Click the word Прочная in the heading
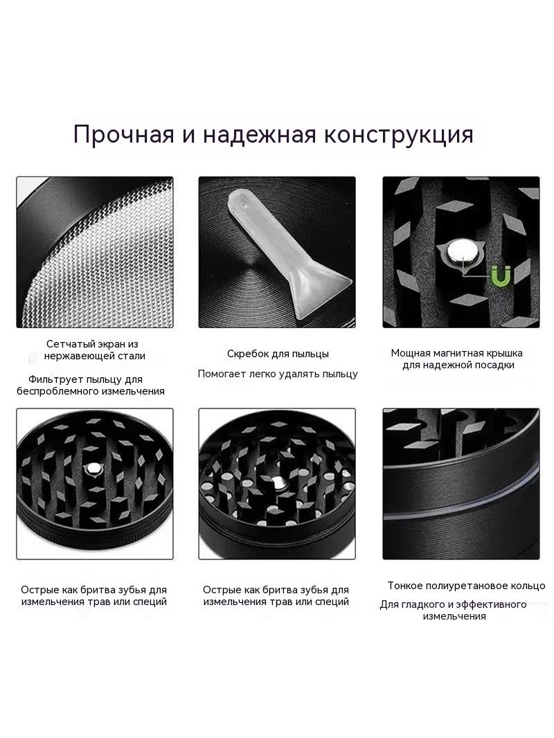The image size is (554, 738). click(124, 134)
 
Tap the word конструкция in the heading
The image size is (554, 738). click(397, 135)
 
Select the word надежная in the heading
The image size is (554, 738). click(259, 134)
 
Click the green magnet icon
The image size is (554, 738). click(501, 276)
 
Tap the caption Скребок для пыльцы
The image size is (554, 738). click(278, 354)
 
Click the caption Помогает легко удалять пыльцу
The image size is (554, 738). click(278, 374)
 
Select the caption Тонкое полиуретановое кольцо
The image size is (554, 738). click(467, 586)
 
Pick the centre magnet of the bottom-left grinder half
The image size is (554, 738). click(93, 468)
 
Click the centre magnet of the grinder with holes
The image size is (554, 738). click(278, 481)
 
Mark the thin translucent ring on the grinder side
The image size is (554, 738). click(461, 499)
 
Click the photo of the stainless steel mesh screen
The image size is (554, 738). click(95, 252)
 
